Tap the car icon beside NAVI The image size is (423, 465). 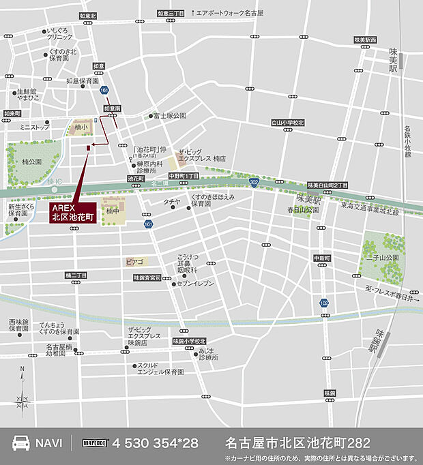pos(22,442)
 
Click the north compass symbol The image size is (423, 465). pos(22,393)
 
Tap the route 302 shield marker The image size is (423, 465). pos(254,183)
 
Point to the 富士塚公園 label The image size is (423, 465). pos(169,116)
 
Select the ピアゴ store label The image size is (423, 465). pos(134,261)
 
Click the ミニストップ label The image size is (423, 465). pos(35,127)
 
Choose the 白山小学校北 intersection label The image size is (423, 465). pos(287,123)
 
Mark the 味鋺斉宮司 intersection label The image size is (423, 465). pos(147,277)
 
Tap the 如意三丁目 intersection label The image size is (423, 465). pos(171,13)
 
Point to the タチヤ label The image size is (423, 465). pos(171,202)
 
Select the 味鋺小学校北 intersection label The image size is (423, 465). pos(188,341)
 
